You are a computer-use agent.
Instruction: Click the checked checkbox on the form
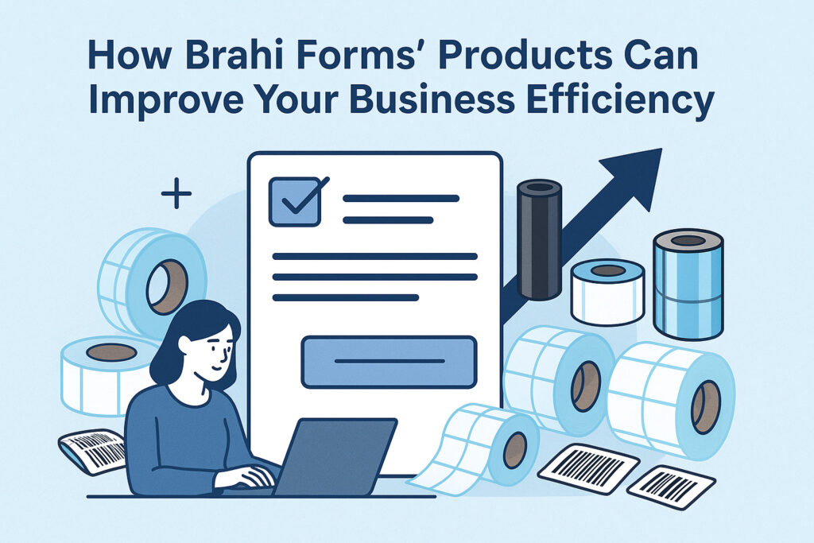(296, 201)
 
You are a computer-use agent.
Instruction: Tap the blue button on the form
(389, 362)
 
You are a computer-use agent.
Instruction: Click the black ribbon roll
(540, 239)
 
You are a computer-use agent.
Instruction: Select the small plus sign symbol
(176, 194)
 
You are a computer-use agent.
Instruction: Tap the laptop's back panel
(335, 456)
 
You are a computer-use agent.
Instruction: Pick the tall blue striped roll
(688, 284)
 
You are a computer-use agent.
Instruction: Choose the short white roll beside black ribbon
(608, 293)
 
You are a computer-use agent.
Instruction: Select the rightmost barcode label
(671, 487)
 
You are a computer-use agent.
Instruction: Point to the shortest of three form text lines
(346, 297)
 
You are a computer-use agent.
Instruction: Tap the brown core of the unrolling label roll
(515, 449)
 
